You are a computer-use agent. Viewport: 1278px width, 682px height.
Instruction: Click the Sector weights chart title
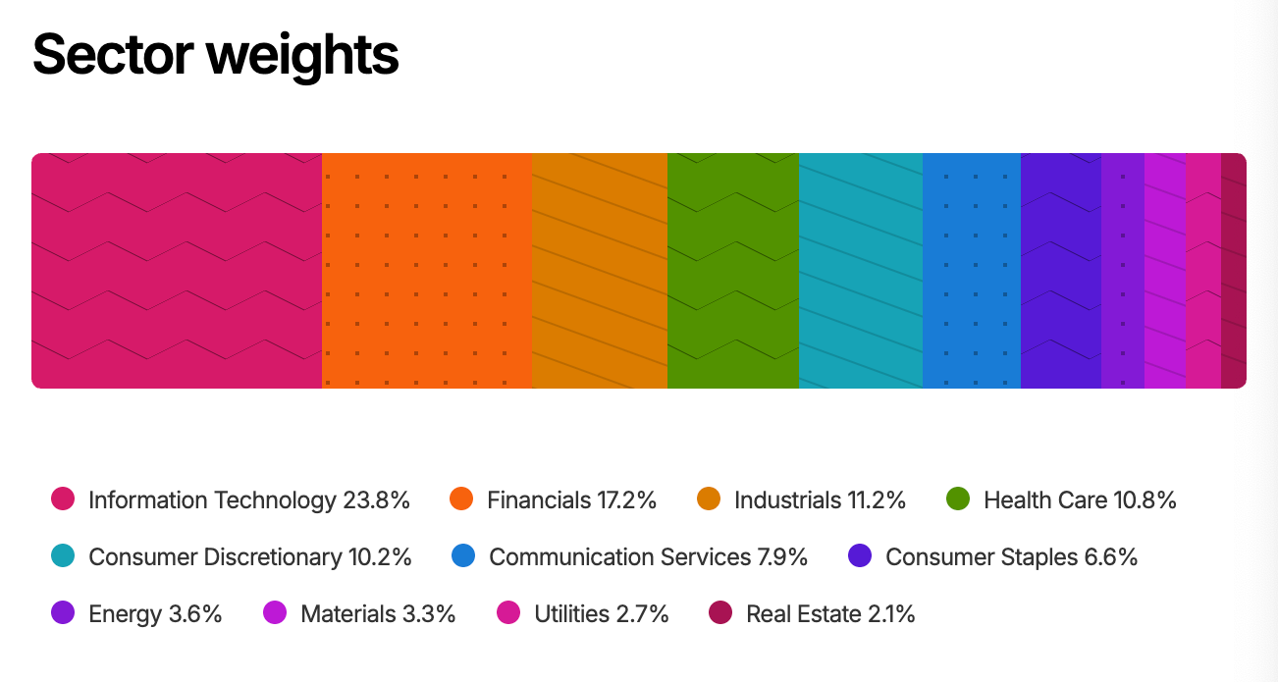coord(216,55)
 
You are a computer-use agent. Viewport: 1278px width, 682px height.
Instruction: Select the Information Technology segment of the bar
coord(177,270)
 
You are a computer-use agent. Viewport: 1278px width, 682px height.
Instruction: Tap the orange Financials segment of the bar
coord(426,270)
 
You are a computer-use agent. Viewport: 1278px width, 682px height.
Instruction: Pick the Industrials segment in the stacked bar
coord(599,270)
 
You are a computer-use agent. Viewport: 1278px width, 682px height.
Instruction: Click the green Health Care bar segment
coord(732,270)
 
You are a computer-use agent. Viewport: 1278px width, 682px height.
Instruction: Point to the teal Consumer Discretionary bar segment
coord(860,270)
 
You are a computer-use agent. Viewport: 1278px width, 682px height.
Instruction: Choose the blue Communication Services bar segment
coord(971,270)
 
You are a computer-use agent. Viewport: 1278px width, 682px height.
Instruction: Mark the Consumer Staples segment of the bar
coord(1060,270)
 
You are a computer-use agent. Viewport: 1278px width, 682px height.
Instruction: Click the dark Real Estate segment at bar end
coord(1234,270)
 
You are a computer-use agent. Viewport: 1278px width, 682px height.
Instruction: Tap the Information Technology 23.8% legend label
coord(248,500)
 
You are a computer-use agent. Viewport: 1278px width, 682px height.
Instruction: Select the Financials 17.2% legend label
coord(571,500)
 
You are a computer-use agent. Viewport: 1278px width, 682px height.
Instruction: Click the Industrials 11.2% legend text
coord(820,500)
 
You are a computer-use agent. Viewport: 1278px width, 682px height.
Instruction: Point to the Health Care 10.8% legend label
coord(1079,500)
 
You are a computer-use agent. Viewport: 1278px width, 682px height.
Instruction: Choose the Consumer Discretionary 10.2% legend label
coord(249,557)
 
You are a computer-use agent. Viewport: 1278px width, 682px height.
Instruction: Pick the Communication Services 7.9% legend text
coord(648,557)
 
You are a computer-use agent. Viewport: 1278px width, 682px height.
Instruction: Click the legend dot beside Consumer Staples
coord(860,556)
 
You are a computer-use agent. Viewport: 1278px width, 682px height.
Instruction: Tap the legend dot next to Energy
coord(63,613)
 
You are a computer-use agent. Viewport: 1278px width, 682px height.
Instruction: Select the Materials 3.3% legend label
coord(378,614)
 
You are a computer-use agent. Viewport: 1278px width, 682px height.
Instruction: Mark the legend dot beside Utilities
coord(508,613)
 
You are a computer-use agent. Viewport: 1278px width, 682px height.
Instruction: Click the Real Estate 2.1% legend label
coord(830,614)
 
